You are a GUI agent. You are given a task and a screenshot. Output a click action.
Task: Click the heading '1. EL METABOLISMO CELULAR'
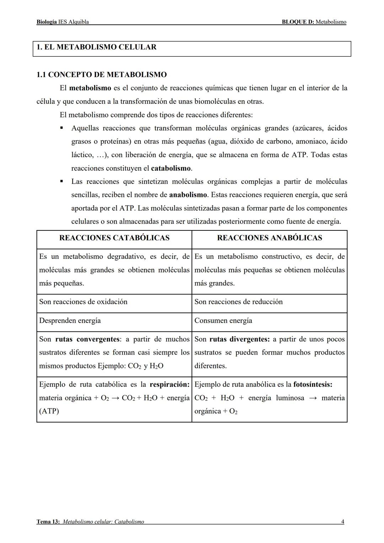96,47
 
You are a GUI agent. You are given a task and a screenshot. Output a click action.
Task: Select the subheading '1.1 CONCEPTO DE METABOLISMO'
102,75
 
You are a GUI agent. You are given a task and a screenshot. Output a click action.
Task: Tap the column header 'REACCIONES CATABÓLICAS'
114,238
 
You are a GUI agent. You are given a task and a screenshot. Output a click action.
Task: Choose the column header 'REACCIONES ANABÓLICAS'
270,238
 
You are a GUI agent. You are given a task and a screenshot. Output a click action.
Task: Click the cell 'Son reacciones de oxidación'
83,302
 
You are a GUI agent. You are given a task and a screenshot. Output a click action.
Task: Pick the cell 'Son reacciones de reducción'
239,302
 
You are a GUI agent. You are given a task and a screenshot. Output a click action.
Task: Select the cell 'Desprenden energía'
70,321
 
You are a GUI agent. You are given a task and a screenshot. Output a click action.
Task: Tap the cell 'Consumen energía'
223,321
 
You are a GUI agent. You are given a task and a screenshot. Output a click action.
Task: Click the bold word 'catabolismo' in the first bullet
171,168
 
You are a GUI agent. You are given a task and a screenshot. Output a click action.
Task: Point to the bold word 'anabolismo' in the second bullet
188,195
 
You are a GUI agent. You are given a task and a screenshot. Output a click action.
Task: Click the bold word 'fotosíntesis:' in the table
313,384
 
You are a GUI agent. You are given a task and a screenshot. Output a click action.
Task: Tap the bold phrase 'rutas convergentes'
87,339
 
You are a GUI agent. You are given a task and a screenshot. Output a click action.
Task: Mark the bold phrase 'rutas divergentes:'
240,339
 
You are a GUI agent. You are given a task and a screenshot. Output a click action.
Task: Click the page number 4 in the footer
342,522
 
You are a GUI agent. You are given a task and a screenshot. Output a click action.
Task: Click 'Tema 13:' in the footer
48,522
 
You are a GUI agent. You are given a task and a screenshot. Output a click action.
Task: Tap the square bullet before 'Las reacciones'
62,181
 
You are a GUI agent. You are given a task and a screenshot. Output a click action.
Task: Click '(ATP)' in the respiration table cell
49,411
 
